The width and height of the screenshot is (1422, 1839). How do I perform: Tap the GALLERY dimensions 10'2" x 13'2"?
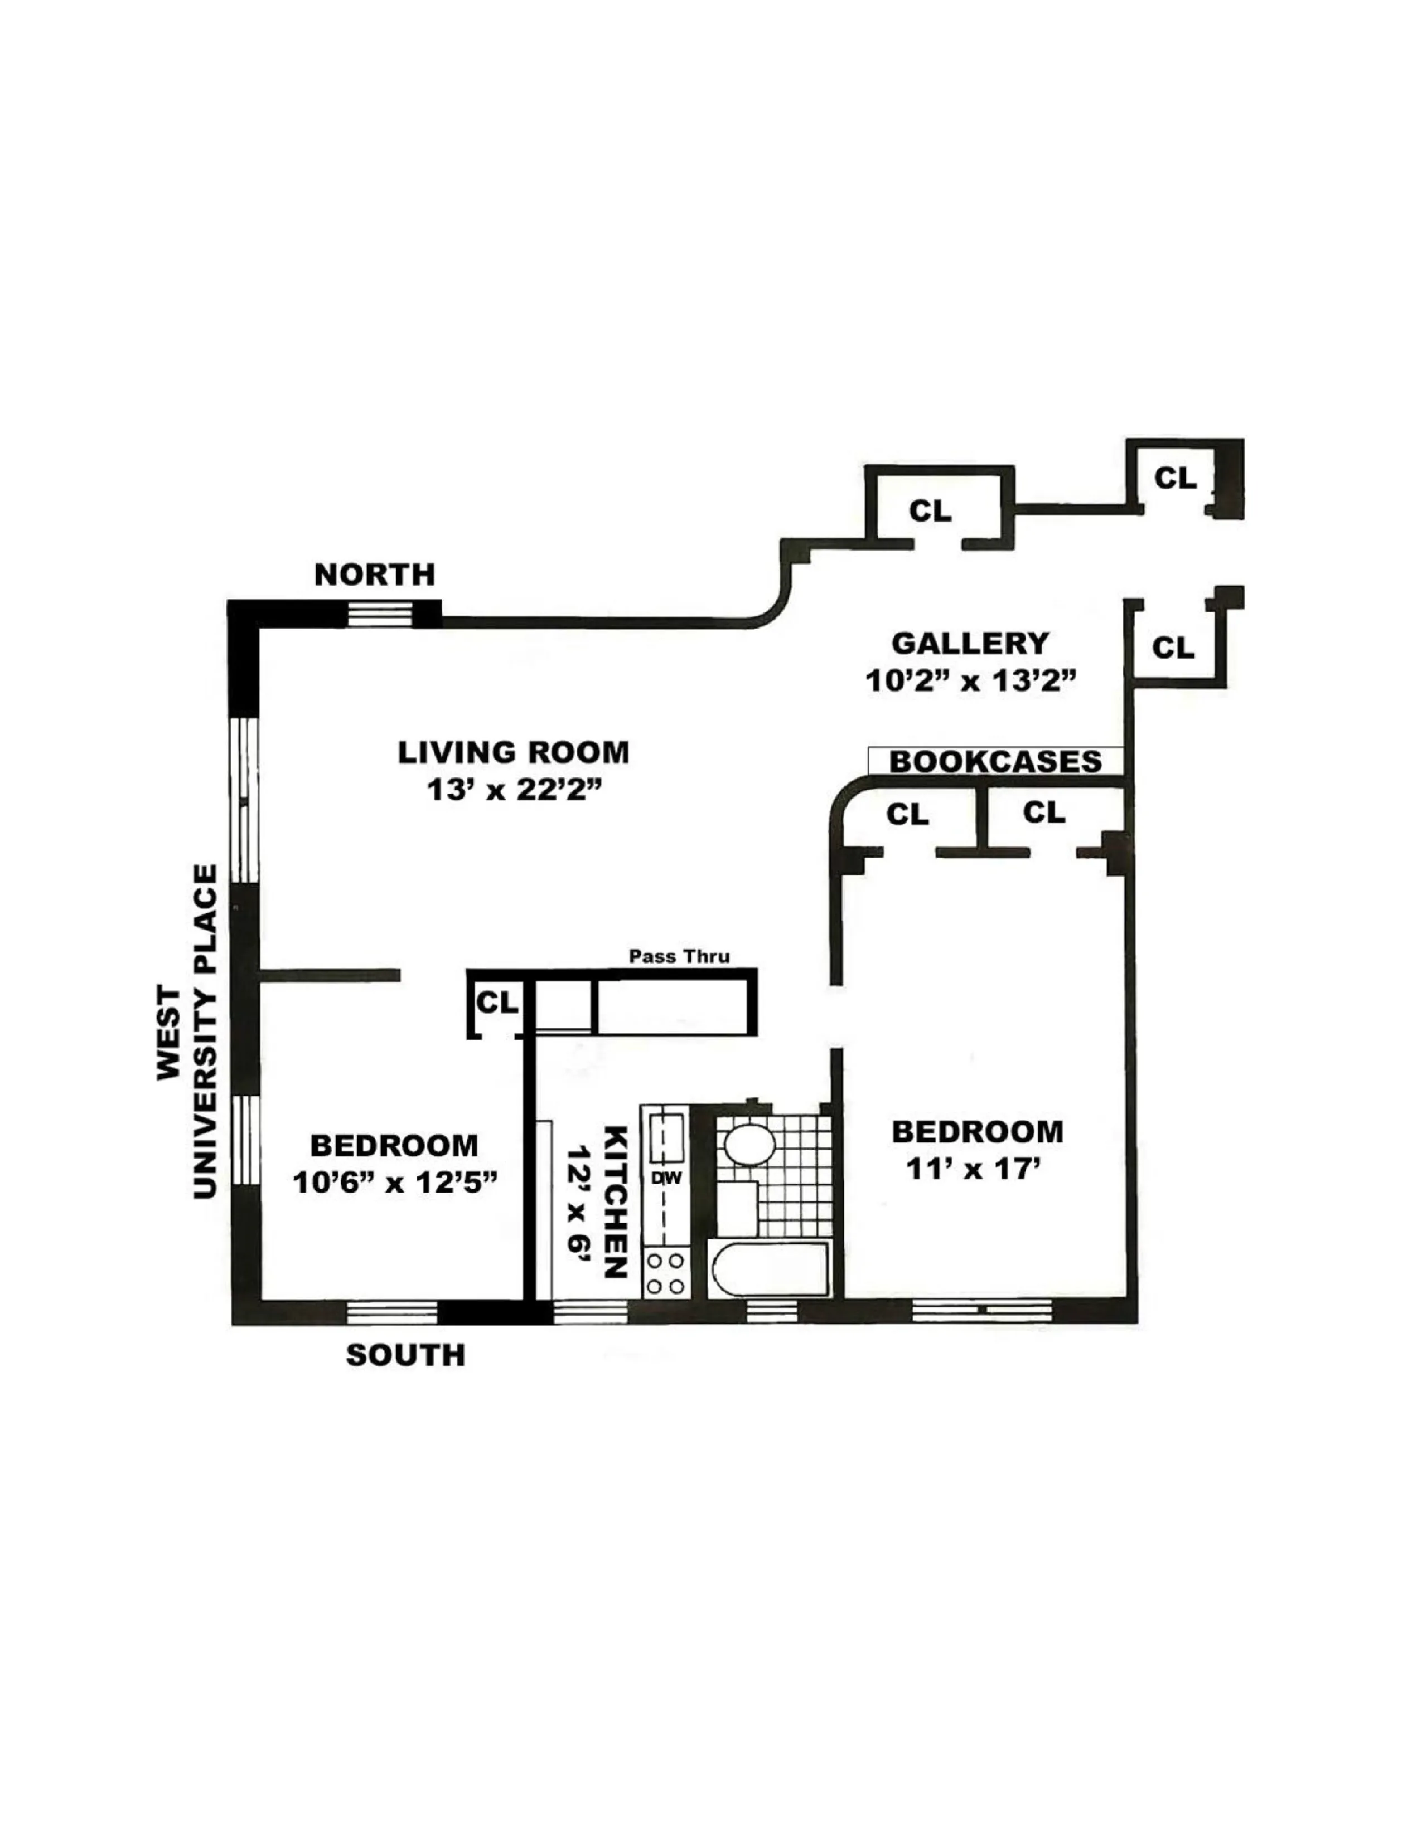(x=971, y=681)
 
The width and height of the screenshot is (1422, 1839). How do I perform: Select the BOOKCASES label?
(x=995, y=761)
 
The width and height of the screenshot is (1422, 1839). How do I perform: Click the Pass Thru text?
(x=679, y=956)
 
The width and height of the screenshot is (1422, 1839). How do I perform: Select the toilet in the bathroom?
(x=749, y=1146)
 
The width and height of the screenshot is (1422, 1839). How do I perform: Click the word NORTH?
(x=374, y=575)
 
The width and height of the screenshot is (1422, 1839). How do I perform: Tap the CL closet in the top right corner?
(x=1175, y=478)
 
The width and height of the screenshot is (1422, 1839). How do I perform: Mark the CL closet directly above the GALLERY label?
(x=930, y=510)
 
